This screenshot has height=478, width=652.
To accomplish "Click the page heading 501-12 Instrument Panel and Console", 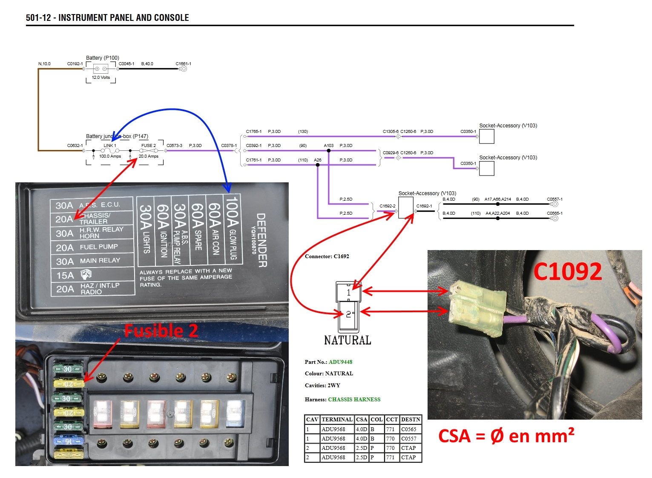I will click(107, 17).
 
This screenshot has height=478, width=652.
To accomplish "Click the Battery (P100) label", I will click(103, 58).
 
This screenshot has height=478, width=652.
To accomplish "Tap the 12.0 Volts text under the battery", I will click(101, 78).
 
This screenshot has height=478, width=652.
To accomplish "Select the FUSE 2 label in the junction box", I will click(149, 146).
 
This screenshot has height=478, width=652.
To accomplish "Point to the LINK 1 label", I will click(110, 146).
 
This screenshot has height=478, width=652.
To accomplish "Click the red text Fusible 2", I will click(161, 331).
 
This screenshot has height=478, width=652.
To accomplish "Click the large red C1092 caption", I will click(568, 271).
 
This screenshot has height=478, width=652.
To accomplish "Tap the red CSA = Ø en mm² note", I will click(506, 436).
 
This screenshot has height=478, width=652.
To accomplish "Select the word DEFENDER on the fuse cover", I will click(261, 240).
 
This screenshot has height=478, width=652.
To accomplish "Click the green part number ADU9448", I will click(340, 362).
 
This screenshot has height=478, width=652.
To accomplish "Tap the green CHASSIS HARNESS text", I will click(354, 400).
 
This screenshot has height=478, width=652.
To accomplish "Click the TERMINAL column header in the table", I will click(337, 420).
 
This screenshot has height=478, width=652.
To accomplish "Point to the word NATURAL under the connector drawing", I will click(348, 340).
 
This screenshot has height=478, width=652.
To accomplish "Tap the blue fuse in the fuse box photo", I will click(68, 441).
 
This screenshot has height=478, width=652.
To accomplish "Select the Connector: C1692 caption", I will click(327, 256).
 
